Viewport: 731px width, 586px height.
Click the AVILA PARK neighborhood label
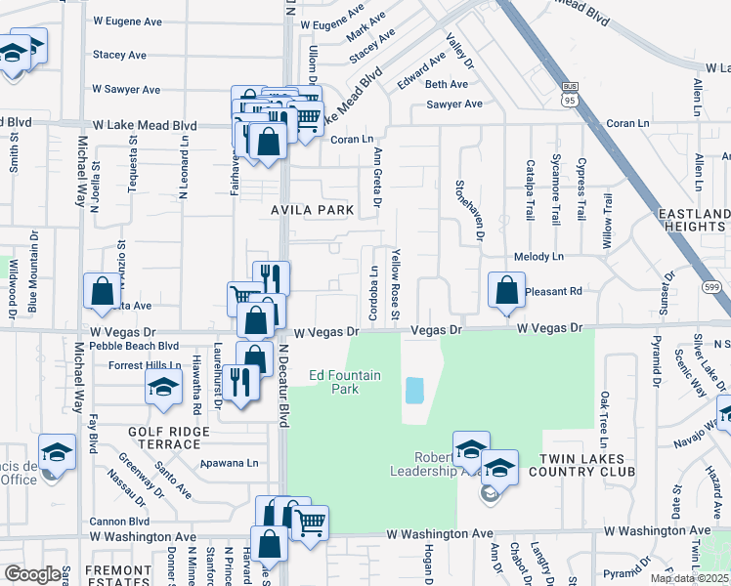[x=312, y=210]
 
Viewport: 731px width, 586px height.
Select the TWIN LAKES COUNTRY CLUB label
[x=576, y=464]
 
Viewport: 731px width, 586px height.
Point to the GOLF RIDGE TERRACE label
[x=169, y=438]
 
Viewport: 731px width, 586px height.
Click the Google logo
[x=32, y=574]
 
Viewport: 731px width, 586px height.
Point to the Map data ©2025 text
[x=690, y=578]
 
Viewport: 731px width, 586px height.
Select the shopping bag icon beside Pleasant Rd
[x=505, y=290]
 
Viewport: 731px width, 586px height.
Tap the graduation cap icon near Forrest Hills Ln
[x=164, y=388]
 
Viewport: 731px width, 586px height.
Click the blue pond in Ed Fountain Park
[x=414, y=391]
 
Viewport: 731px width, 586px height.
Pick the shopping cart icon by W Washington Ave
[x=310, y=523]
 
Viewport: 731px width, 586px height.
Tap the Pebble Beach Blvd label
[x=135, y=346]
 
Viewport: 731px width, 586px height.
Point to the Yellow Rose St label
[x=396, y=284]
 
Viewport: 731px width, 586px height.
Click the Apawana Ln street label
[x=230, y=464]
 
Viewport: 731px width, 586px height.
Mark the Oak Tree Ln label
[x=605, y=415]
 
